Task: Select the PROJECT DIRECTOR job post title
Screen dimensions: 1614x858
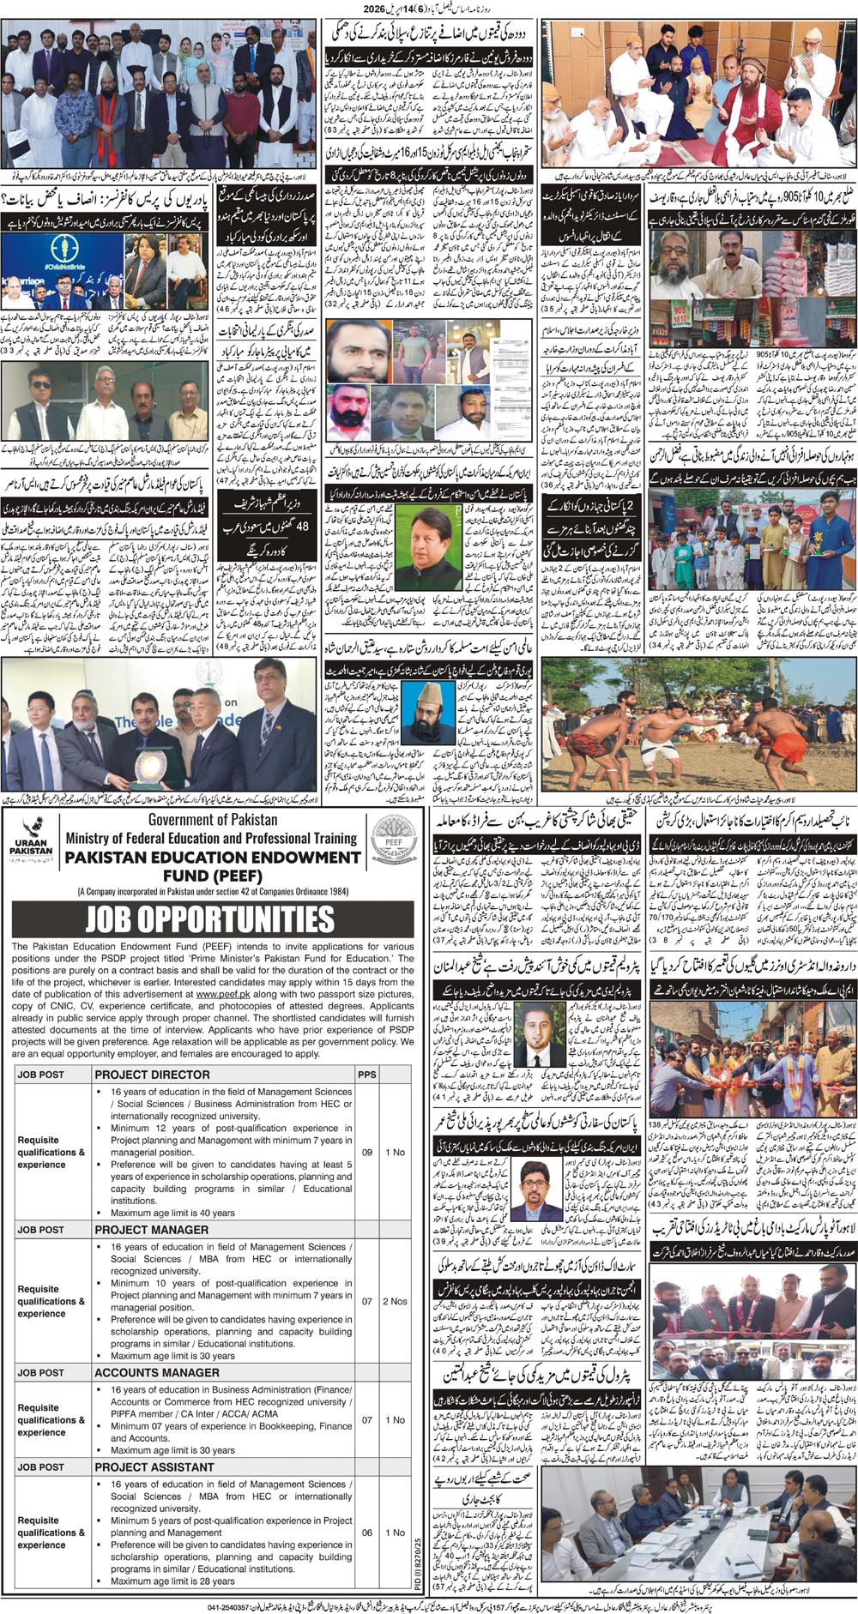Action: [153, 1074]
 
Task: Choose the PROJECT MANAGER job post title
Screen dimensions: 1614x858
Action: [152, 1229]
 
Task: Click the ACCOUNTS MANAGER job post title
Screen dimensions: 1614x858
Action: [157, 1372]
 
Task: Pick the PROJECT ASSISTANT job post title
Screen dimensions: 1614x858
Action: [154, 1466]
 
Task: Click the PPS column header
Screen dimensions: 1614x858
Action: [366, 1074]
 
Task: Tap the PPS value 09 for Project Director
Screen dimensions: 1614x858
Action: [366, 1152]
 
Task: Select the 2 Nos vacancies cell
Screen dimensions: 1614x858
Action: [395, 1301]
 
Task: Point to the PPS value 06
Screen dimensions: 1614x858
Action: [366, 1533]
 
